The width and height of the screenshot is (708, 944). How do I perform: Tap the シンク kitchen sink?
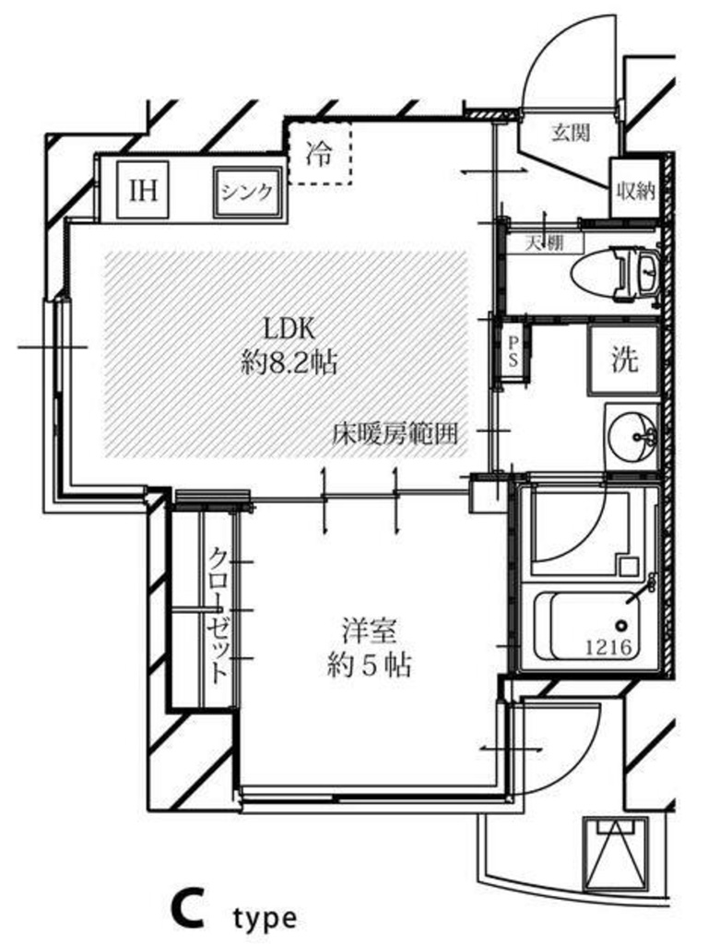[x=247, y=192]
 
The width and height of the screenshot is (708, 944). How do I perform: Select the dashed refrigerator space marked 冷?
[x=319, y=153]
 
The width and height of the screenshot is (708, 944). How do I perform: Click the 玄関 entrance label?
[x=570, y=133]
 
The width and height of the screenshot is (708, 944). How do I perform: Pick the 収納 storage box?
[x=633, y=187]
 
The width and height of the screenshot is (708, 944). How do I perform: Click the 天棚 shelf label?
[x=545, y=243]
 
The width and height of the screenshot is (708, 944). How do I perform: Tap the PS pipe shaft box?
[x=513, y=351]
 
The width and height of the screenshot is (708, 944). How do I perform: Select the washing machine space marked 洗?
[x=624, y=360]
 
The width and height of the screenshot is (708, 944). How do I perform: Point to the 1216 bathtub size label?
[x=609, y=647]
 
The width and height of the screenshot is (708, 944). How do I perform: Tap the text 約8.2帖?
[x=289, y=363]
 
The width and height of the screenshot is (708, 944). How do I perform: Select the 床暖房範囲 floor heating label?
[x=395, y=432]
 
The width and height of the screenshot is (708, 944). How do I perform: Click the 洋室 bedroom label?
[x=369, y=631]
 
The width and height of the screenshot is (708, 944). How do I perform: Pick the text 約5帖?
[x=369, y=666]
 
